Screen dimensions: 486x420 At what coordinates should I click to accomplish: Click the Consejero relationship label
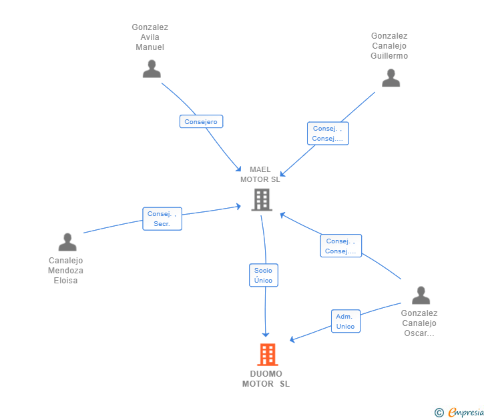pos(201,121)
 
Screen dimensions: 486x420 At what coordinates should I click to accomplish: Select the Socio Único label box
pos(264,275)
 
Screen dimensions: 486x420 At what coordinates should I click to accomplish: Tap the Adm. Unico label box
pos(346,321)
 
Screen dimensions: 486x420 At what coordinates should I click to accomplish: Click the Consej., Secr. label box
pos(162,219)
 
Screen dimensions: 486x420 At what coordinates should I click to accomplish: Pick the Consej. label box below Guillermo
pos(328,133)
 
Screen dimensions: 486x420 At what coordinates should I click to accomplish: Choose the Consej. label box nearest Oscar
pos(340,246)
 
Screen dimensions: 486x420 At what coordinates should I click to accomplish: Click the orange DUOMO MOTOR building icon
pos(268,355)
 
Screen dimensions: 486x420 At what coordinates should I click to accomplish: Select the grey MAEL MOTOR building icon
pos(262,200)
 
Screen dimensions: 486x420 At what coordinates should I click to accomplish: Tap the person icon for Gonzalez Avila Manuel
pos(152,69)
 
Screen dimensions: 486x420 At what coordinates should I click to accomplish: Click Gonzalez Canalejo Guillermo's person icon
pos(391,78)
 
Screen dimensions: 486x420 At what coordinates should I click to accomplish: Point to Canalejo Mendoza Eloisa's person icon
pos(67,242)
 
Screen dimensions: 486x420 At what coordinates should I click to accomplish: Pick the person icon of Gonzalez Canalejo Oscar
pos(421,295)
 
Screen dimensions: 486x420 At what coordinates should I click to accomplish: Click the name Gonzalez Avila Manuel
pos(150,37)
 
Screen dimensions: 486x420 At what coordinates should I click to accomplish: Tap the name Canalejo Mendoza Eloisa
pos(65,271)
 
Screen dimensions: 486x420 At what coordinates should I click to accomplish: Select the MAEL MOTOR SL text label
pos(260,175)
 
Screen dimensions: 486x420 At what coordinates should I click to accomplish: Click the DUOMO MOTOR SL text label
pos(266,379)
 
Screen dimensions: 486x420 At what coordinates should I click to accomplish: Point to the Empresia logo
pos(466,412)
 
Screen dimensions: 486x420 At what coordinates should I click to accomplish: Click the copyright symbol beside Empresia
pos(439,413)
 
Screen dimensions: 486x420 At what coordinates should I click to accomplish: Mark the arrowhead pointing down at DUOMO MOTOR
pos(266,335)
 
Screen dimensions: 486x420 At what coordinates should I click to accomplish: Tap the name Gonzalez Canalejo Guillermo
pos(389,46)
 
